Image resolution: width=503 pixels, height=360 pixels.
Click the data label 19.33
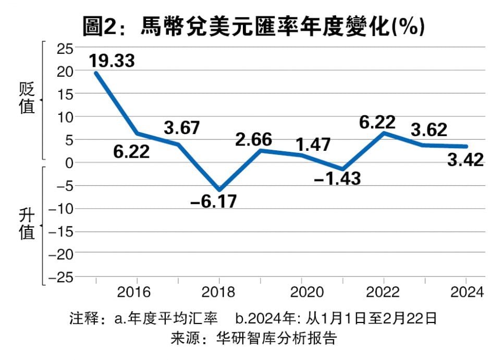click(112, 61)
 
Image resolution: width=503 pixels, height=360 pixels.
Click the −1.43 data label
click(337, 178)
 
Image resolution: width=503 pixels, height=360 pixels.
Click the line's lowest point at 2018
click(219, 189)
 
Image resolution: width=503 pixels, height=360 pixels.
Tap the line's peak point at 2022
click(384, 133)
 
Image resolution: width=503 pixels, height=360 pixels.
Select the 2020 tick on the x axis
click(302, 291)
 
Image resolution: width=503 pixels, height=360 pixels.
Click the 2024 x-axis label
click(465, 291)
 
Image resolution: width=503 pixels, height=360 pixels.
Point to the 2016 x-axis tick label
click(137, 291)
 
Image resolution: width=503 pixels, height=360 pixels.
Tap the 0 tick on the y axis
click(68, 162)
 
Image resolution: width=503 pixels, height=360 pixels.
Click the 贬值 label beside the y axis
click(27, 98)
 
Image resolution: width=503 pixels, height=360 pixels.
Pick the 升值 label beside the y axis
click(27, 223)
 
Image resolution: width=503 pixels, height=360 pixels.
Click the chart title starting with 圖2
click(252, 26)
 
